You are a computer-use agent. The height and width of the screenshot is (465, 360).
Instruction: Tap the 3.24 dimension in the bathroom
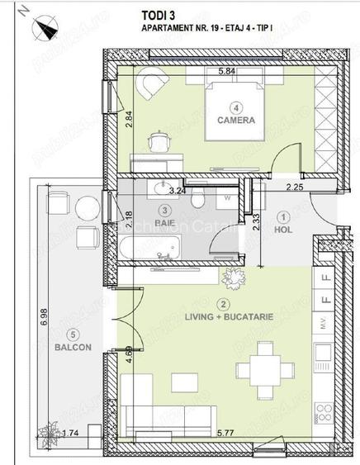pyautogui.click(x=176, y=190)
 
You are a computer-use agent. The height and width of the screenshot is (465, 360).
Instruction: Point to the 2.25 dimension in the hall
pyautogui.click(x=295, y=187)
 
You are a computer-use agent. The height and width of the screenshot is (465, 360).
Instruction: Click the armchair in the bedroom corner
pyautogui.click(x=150, y=85)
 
